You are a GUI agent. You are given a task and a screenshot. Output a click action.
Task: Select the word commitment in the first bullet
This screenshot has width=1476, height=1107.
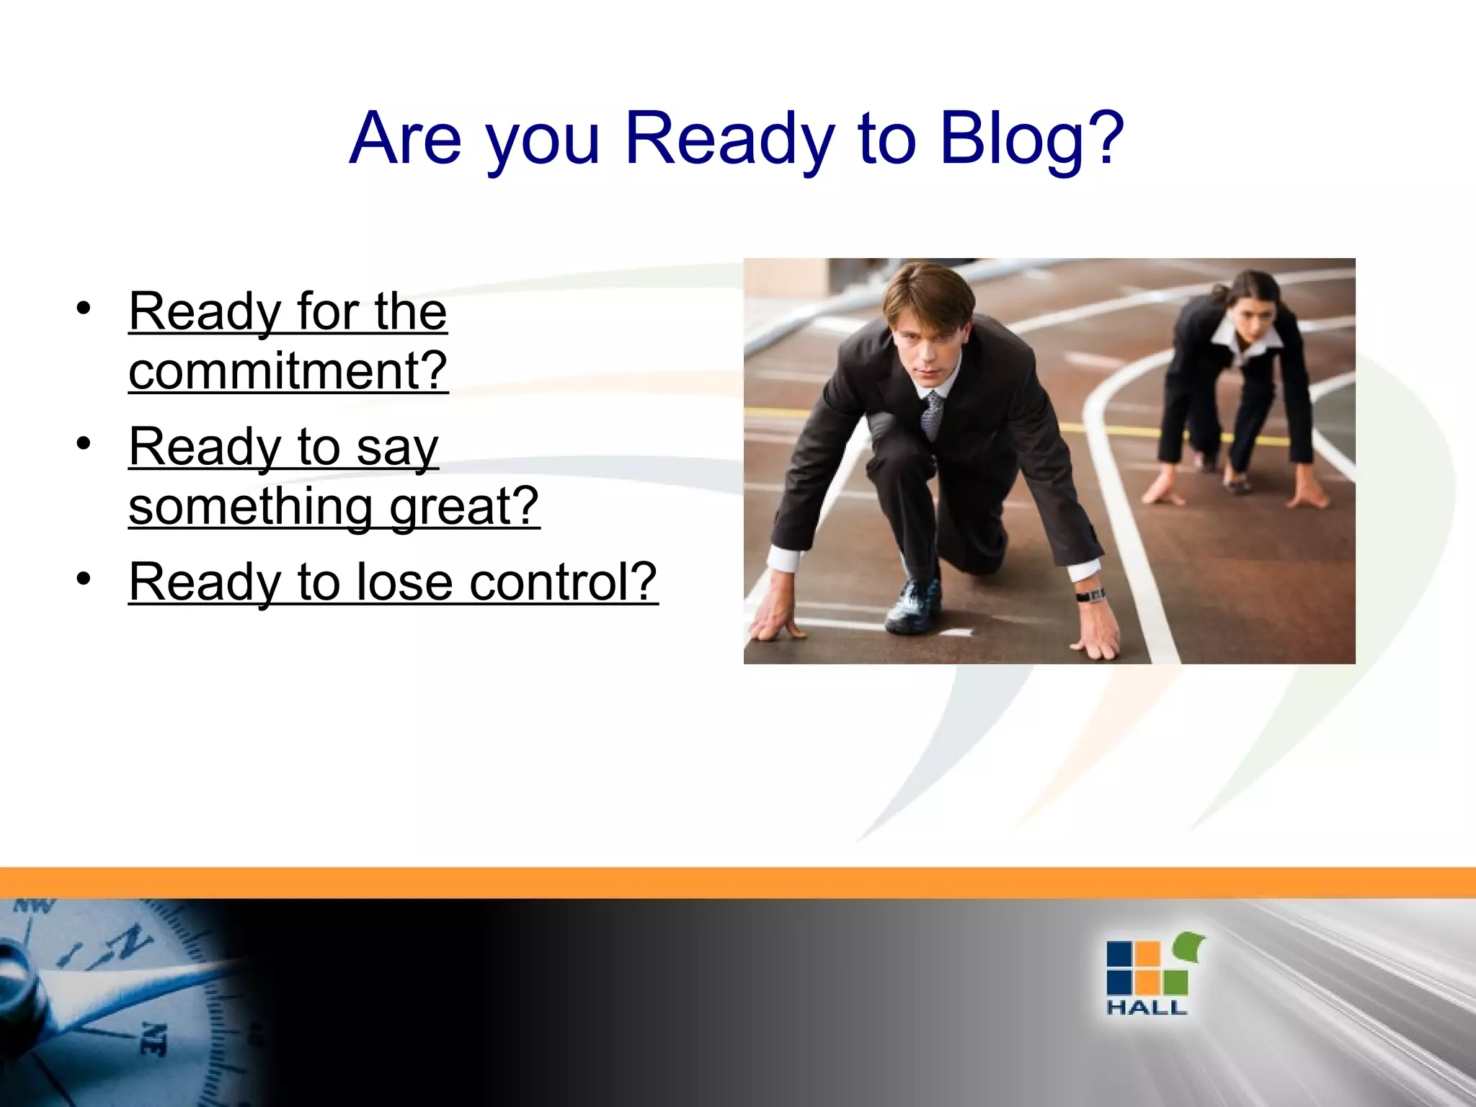tap(277, 370)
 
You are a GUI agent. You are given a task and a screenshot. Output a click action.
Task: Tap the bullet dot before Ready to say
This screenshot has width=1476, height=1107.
tap(84, 443)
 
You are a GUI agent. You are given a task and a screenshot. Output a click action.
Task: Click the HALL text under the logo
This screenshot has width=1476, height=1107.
tap(1146, 1008)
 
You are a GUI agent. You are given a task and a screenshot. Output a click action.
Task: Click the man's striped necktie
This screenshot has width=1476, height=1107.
tap(933, 414)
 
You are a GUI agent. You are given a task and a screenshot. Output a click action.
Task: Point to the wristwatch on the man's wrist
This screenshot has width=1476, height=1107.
tap(1090, 595)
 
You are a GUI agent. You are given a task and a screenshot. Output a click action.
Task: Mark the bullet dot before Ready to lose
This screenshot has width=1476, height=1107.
tap(84, 578)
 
